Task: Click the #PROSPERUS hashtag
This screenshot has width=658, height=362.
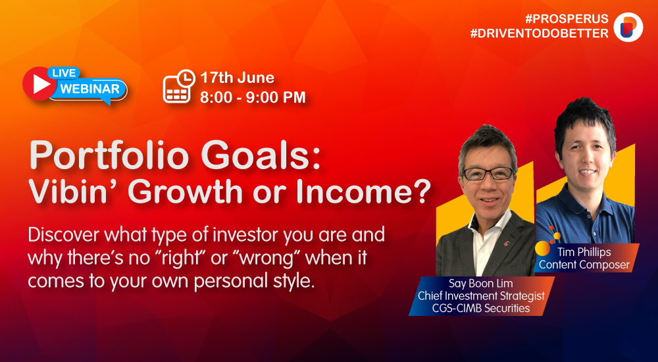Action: point(567,19)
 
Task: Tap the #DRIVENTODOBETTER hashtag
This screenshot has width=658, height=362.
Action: point(540,34)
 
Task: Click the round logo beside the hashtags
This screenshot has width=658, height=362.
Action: point(628,27)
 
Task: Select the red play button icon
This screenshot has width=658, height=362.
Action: point(39,84)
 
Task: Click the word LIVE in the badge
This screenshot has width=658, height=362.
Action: point(64,73)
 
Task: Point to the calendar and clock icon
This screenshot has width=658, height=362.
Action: point(179,86)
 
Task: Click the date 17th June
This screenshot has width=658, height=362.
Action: point(237,78)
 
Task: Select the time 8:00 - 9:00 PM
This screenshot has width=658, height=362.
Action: point(253,97)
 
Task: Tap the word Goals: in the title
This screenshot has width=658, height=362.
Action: point(260,156)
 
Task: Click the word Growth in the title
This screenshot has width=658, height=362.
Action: point(189,191)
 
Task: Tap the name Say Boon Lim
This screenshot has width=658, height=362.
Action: point(480,284)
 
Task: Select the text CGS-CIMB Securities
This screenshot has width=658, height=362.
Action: point(481,308)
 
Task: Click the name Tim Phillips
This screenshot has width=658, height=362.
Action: point(584,252)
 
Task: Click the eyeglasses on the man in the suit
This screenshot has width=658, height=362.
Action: point(488,174)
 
